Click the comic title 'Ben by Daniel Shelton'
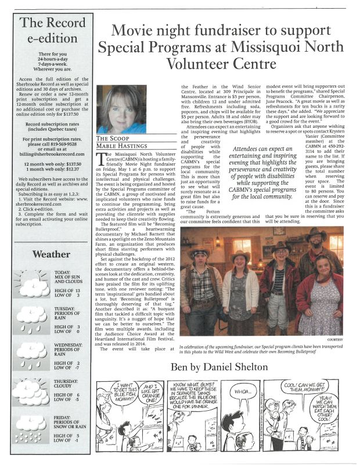point(218,367)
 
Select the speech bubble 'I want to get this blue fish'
point(126,392)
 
